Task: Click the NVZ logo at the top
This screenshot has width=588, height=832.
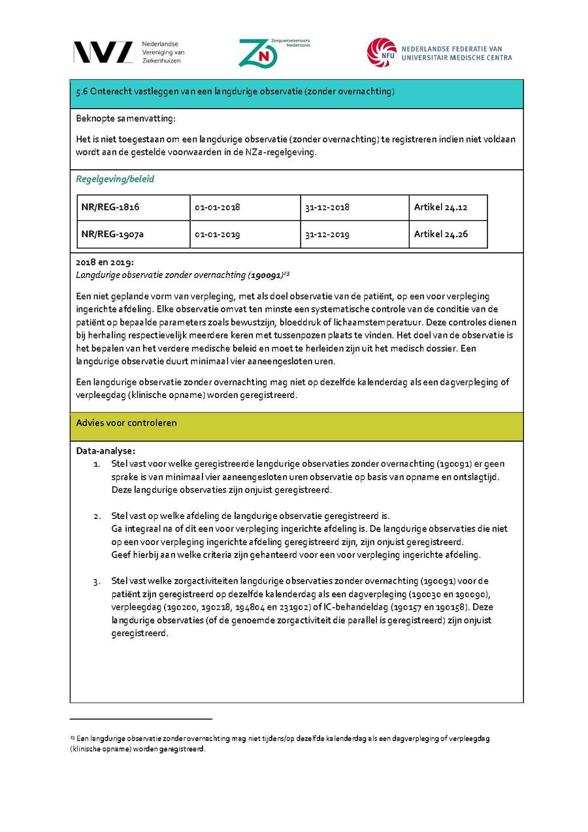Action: coord(103,52)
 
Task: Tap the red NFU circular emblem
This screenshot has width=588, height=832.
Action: coord(382,52)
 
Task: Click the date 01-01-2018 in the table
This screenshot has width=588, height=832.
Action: coord(218,207)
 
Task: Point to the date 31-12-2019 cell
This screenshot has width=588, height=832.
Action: coord(327,235)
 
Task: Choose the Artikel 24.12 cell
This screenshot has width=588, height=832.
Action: coord(440,207)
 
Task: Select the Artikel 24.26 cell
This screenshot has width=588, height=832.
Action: coord(440,234)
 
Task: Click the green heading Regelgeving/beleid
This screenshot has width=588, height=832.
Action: coord(115,179)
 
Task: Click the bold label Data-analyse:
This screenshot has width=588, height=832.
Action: coord(106,450)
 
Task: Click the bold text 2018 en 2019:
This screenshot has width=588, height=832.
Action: coord(105,262)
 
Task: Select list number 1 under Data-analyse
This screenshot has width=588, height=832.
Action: coord(97,464)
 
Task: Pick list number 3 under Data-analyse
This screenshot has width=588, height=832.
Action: coord(97,581)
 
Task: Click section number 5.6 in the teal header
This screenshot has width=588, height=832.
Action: coord(82,92)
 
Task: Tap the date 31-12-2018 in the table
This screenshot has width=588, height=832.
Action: coord(327,207)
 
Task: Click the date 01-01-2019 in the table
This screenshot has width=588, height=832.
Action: coord(218,235)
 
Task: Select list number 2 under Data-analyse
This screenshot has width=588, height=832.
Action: coord(97,516)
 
